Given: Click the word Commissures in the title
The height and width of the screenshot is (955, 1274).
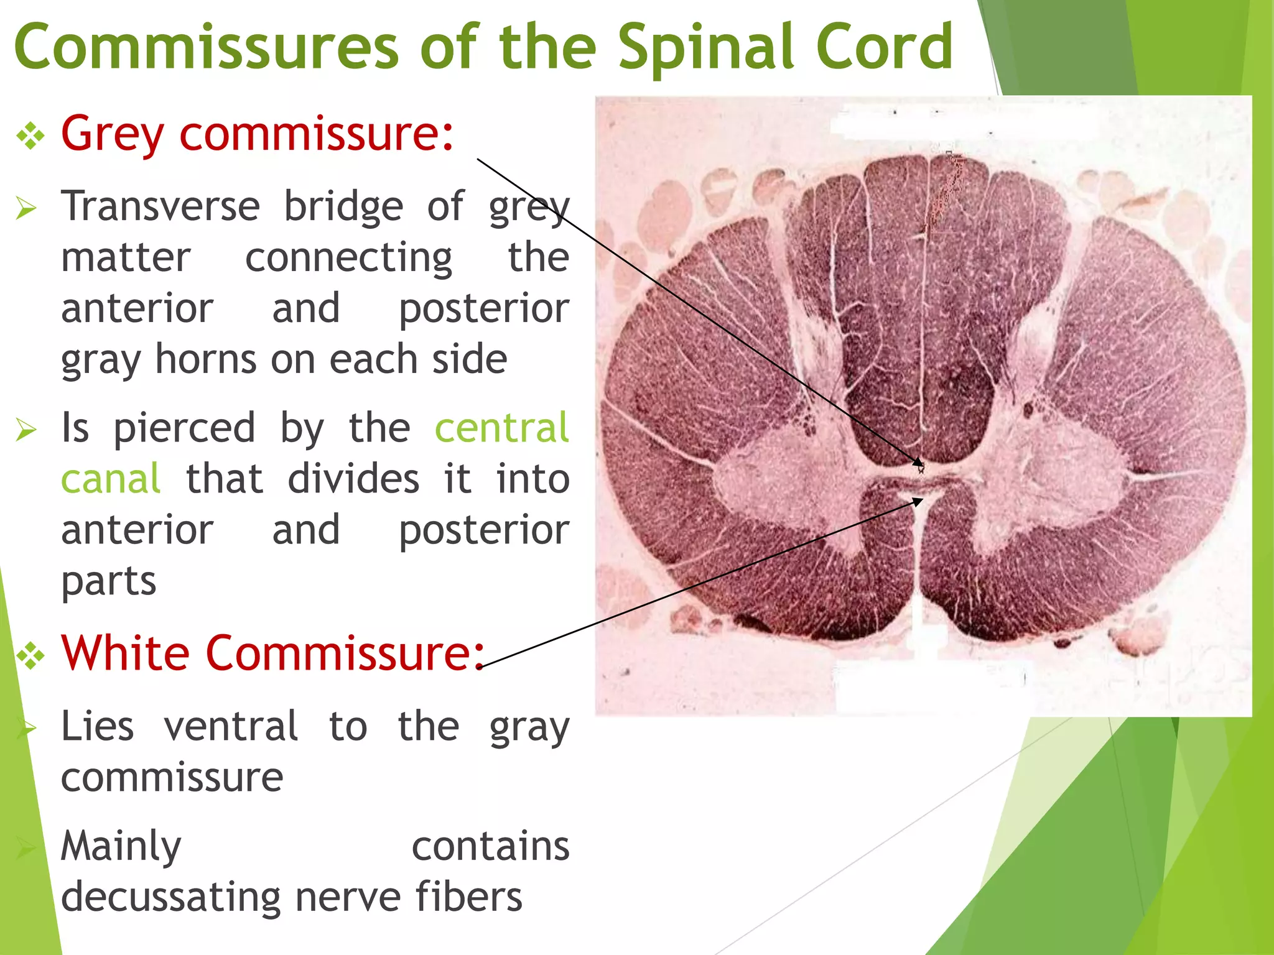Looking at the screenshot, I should [x=205, y=47].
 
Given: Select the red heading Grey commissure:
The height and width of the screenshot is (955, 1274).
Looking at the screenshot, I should [x=257, y=134].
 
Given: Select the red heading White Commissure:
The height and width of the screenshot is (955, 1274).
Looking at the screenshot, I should [x=272, y=653].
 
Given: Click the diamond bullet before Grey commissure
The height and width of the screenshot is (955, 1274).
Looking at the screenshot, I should [x=30, y=136].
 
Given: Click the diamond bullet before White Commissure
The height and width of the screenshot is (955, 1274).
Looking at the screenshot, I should [x=30, y=655].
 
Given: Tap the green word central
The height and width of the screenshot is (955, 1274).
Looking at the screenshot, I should [x=501, y=428].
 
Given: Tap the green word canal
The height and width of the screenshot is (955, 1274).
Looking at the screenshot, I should [x=111, y=479].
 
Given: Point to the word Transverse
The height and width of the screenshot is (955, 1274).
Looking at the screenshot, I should [x=160, y=206].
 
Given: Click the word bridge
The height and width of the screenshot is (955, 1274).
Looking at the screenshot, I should [x=343, y=208].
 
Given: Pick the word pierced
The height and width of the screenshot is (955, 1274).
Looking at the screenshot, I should [x=184, y=429].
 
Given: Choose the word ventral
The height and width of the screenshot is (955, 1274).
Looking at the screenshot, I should [x=231, y=726].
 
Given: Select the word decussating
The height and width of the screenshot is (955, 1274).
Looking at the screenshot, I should [x=171, y=898].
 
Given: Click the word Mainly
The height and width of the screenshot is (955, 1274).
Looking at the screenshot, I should [x=121, y=847].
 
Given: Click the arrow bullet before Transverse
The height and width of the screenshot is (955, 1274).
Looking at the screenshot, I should [x=27, y=208].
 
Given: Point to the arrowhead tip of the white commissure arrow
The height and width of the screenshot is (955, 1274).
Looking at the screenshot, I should [x=923, y=499].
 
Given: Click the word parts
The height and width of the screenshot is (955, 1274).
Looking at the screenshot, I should [x=108, y=582].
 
